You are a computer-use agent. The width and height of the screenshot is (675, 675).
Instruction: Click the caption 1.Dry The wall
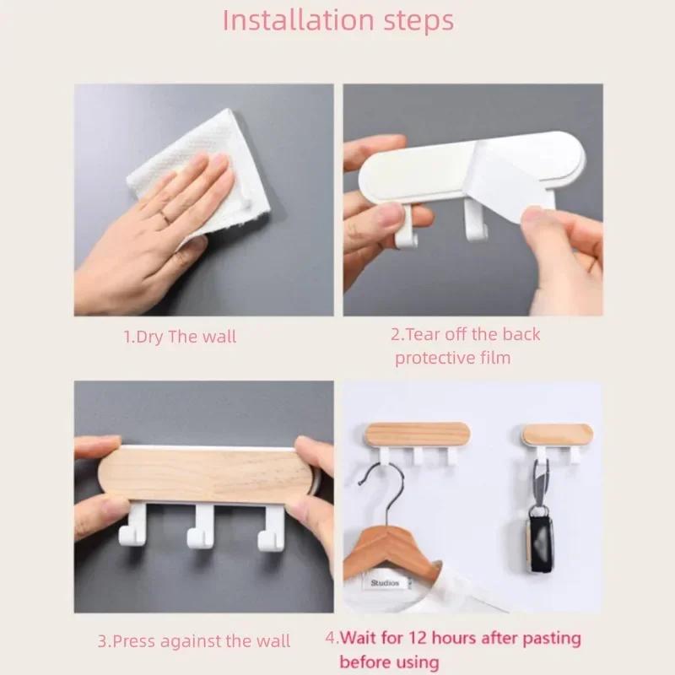[x=180, y=337]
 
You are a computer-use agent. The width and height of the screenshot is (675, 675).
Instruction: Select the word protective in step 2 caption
[x=435, y=358]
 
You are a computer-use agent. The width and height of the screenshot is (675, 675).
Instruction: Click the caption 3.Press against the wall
[x=193, y=641]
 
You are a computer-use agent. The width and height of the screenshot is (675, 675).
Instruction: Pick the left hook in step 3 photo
[x=135, y=527]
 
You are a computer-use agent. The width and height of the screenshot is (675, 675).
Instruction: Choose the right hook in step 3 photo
[x=272, y=527]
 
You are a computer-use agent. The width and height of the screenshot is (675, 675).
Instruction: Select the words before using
[x=389, y=662]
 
